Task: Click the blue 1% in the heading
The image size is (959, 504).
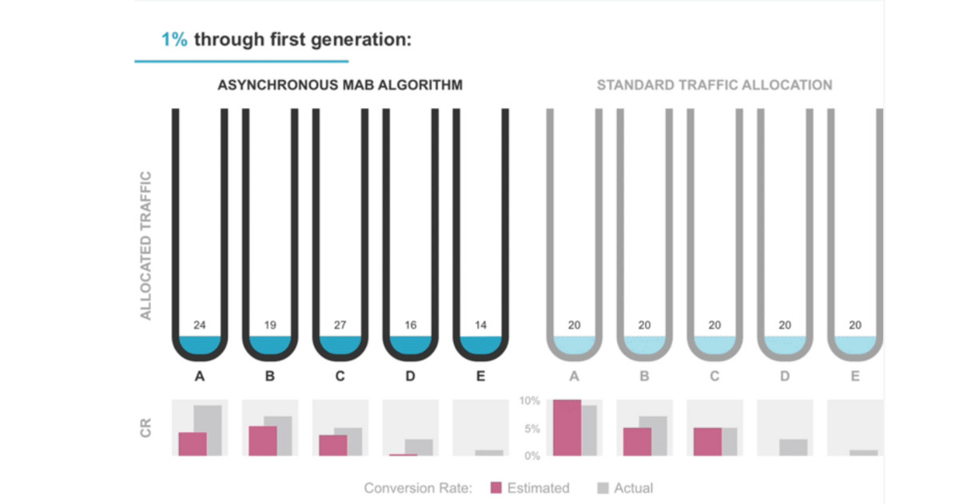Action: point(174,39)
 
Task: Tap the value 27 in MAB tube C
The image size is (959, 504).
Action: point(340,326)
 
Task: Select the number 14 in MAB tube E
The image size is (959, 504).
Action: point(480,326)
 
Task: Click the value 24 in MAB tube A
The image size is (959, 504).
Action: point(200,326)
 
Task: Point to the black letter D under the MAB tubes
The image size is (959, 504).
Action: point(410,375)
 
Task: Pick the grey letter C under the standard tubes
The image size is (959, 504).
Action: point(714,375)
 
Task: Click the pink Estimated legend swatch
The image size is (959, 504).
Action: point(495,488)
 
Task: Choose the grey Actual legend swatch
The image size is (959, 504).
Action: point(603,488)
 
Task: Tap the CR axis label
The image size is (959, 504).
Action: point(146,428)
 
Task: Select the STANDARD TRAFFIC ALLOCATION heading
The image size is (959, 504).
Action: point(714,85)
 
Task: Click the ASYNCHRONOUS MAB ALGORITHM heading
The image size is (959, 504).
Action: point(340,85)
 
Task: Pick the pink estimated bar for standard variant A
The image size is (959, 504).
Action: point(567,428)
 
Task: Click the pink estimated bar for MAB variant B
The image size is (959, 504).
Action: point(263,441)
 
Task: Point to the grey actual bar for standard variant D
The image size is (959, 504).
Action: point(793,447)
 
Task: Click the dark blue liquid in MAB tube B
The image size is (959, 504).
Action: point(270,344)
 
